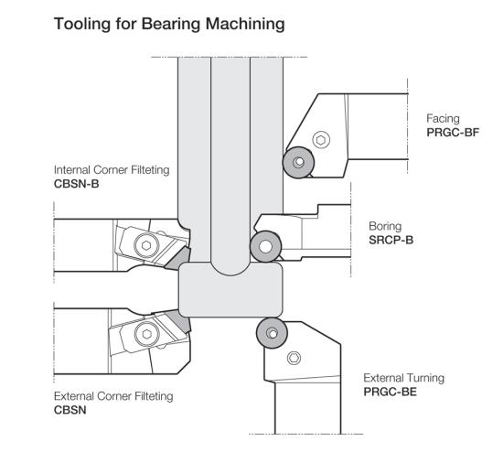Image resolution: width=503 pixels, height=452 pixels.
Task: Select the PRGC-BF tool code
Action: pyautogui.click(x=453, y=133)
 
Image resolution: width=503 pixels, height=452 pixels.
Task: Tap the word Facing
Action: pyautogui.click(x=443, y=119)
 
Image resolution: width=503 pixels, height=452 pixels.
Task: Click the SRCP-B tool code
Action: pyautogui.click(x=391, y=240)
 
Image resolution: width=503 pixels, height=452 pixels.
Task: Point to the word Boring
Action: pyautogui.click(x=385, y=227)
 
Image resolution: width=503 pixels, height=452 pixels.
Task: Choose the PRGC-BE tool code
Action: pyautogui.click(x=390, y=392)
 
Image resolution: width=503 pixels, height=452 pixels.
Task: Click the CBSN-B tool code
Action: pyautogui.click(x=76, y=184)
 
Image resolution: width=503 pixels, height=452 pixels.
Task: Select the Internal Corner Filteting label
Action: pyautogui.click(x=112, y=170)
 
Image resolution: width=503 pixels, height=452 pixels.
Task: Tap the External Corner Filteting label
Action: pyautogui.click(x=113, y=396)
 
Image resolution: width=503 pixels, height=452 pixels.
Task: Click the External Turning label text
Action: pyautogui.click(x=404, y=378)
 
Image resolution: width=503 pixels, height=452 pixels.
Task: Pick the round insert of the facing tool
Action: pyautogui.click(x=298, y=162)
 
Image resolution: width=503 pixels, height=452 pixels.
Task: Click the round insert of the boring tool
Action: pyautogui.click(x=265, y=246)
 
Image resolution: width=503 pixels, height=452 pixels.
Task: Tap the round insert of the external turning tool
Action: pyautogui.click(x=272, y=333)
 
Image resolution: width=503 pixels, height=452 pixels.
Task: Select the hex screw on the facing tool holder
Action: pyautogui.click(x=321, y=140)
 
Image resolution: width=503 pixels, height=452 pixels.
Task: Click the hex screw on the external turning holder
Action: pyautogui.click(x=294, y=358)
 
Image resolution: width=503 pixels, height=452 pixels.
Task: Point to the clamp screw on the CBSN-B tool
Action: pyautogui.click(x=146, y=245)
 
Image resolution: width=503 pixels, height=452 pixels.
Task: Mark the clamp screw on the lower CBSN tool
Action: pyautogui.click(x=147, y=334)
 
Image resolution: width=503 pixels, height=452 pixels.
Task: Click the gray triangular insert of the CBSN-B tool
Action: pyautogui.click(x=177, y=258)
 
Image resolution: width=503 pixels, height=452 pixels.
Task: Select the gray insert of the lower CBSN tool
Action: pyautogui.click(x=178, y=321)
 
